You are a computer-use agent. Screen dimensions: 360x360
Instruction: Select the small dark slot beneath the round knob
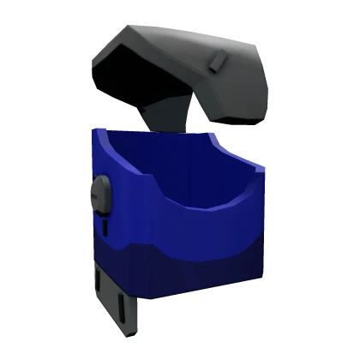pyautogui.click(x=106, y=227)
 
